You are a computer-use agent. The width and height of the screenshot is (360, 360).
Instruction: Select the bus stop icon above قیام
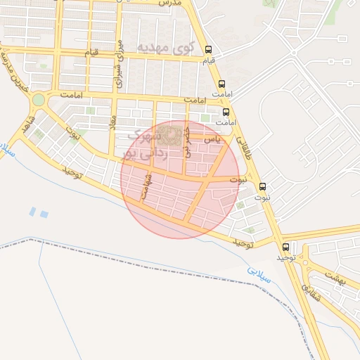tap(209, 50)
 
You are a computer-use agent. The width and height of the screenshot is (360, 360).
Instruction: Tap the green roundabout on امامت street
tap(38, 101)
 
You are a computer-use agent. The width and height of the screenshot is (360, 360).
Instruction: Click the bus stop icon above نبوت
tap(263, 187)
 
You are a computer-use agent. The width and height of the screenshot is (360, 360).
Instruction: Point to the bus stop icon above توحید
tap(285, 247)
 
